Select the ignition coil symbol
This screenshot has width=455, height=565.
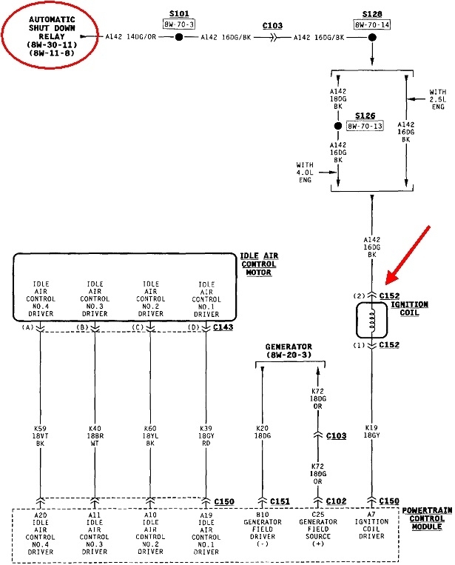pyautogui.click(x=370, y=321)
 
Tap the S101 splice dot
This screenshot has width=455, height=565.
pyautogui.click(x=178, y=36)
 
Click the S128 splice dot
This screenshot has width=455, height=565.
pyautogui.click(x=371, y=36)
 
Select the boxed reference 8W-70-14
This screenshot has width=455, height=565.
pyautogui.click(x=371, y=24)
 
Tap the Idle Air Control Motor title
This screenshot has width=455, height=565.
pyautogui.click(x=259, y=264)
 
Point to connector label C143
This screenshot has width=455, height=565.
pyautogui.click(x=223, y=327)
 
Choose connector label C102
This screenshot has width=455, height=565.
pyautogui.click(x=337, y=501)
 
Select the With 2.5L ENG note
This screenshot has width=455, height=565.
pyautogui.click(x=437, y=98)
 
